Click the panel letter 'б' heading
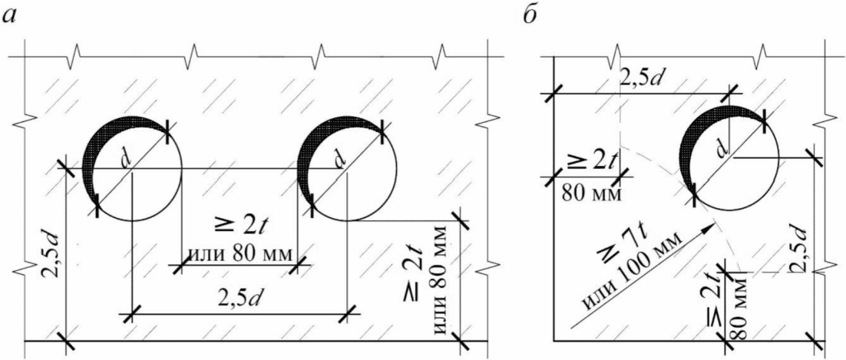click(x=530, y=15)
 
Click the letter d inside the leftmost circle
click(x=125, y=161)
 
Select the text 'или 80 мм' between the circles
click(x=238, y=253)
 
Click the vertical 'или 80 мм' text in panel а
click(x=440, y=280)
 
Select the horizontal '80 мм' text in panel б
click(x=591, y=193)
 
